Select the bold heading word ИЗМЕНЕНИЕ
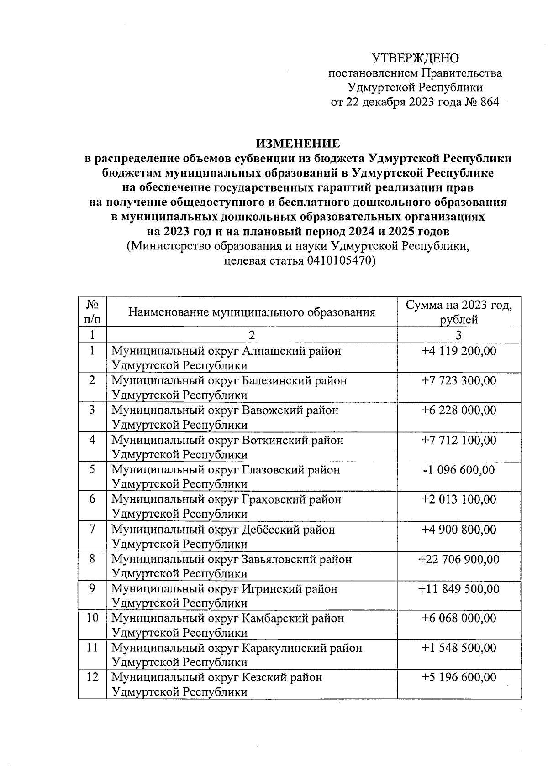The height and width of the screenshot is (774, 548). [298, 144]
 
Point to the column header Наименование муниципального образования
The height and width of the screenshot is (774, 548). [252, 312]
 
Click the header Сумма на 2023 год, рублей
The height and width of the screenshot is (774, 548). [458, 312]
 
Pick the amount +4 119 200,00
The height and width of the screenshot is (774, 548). [458, 351]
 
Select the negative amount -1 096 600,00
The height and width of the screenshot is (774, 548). [458, 470]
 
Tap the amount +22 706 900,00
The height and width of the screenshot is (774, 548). [458, 559]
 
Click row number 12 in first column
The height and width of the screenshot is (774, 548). [92, 677]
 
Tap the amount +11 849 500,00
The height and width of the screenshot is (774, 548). [458, 589]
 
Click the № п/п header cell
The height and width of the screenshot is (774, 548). [92, 312]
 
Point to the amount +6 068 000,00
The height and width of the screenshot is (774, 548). [458, 618]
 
